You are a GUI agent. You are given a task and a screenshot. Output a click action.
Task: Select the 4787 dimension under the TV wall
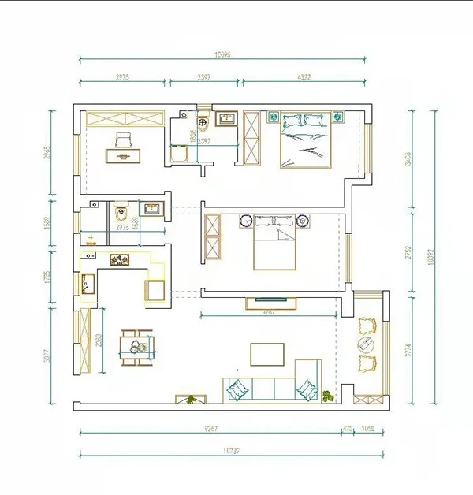tap(270, 313)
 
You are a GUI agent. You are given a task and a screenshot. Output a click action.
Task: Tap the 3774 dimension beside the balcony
tap(408, 346)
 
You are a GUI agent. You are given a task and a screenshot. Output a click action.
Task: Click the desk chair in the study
tap(124, 140)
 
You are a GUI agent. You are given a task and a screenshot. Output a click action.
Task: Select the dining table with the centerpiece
tap(137, 347)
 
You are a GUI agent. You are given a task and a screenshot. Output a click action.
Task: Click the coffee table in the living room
tap(267, 354)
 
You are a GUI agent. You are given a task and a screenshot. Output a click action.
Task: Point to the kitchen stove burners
tap(121, 259)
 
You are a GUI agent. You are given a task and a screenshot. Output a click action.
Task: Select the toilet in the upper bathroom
tap(203, 121)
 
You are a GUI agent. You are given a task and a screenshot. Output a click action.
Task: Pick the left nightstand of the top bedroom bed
tap(274, 118)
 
